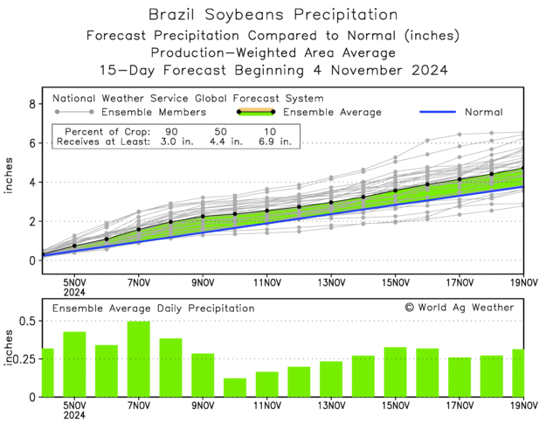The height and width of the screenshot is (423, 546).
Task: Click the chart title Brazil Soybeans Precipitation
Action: point(273,15)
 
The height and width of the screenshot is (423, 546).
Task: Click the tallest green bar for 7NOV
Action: point(138,359)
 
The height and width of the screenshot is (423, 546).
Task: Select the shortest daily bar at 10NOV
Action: point(234,387)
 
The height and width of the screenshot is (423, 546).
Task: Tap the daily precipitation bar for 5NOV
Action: point(74,364)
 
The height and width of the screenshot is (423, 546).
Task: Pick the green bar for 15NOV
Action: point(395,371)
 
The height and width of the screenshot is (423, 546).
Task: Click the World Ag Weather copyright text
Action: point(459,308)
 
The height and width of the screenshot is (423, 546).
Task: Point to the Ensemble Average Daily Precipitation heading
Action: point(153,309)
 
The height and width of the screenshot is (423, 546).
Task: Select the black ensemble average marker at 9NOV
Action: point(203,216)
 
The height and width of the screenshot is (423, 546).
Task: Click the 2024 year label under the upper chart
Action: point(74,292)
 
